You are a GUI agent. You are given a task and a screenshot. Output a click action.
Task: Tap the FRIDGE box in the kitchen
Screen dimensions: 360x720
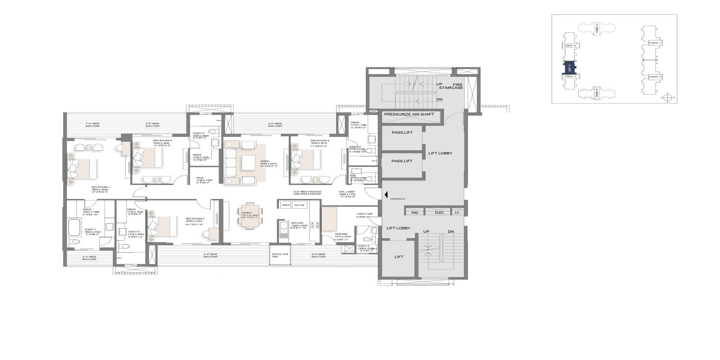(286, 205)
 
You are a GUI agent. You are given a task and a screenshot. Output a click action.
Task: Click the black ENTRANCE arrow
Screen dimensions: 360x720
(386, 194)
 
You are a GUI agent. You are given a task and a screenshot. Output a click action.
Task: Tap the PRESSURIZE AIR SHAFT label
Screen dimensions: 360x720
(409, 115)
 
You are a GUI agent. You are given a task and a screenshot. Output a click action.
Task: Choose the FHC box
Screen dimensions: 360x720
(415, 212)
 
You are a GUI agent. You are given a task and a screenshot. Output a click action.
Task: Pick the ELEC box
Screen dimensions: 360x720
(439, 212)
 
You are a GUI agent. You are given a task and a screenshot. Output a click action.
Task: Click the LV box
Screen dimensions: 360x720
(457, 212)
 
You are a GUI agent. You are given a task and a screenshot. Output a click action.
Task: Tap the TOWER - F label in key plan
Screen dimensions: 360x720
(655, 43)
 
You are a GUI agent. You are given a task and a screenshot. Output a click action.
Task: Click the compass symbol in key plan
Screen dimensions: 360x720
(667, 97)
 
